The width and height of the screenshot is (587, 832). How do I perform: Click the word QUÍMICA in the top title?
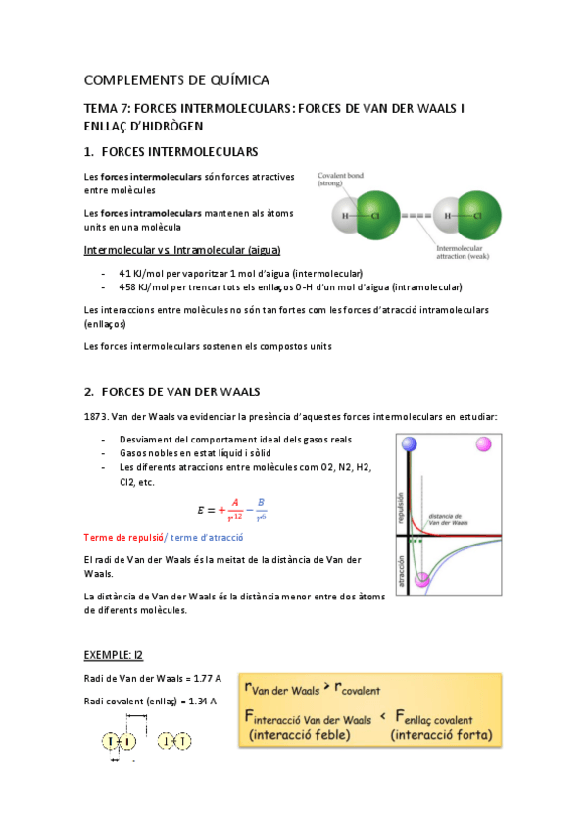click(x=233, y=79)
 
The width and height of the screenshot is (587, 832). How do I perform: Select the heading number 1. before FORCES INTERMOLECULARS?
click(x=89, y=152)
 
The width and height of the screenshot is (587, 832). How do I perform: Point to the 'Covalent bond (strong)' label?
click(x=341, y=180)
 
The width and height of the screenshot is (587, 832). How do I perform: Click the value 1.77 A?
click(x=202, y=678)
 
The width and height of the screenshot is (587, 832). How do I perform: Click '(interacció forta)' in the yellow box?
click(x=439, y=733)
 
